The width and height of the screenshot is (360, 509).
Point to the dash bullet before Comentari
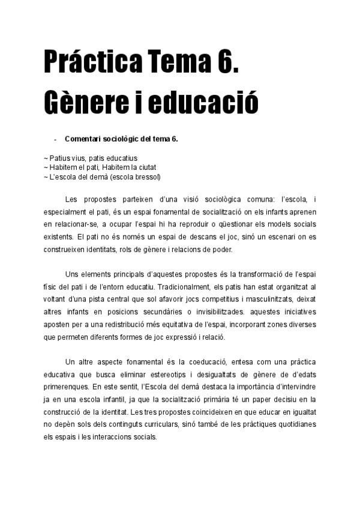click(x=55, y=139)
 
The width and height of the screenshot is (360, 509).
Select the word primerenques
click(x=65, y=387)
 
